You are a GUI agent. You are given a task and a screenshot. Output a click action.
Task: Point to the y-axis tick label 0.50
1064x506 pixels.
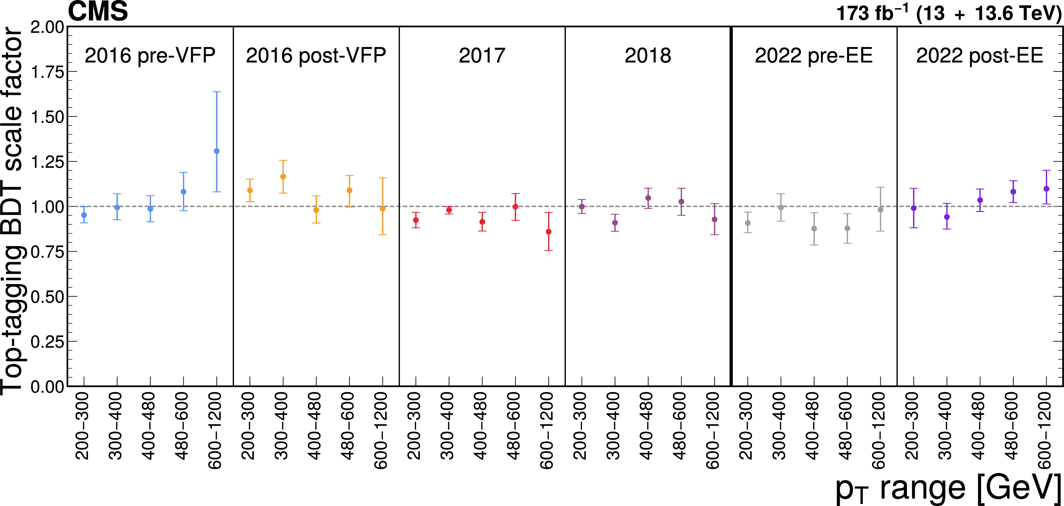(x=47, y=297)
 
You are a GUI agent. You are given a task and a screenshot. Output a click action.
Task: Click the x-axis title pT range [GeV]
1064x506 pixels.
(x=949, y=489)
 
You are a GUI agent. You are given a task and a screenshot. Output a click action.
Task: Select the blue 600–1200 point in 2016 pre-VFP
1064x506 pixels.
(x=217, y=151)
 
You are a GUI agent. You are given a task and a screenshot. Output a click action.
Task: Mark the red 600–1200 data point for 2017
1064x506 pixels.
(x=548, y=232)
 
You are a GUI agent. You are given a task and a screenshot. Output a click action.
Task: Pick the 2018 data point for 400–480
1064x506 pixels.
(x=648, y=198)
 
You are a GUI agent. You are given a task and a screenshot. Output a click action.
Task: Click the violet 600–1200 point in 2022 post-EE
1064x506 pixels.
(x=1046, y=189)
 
